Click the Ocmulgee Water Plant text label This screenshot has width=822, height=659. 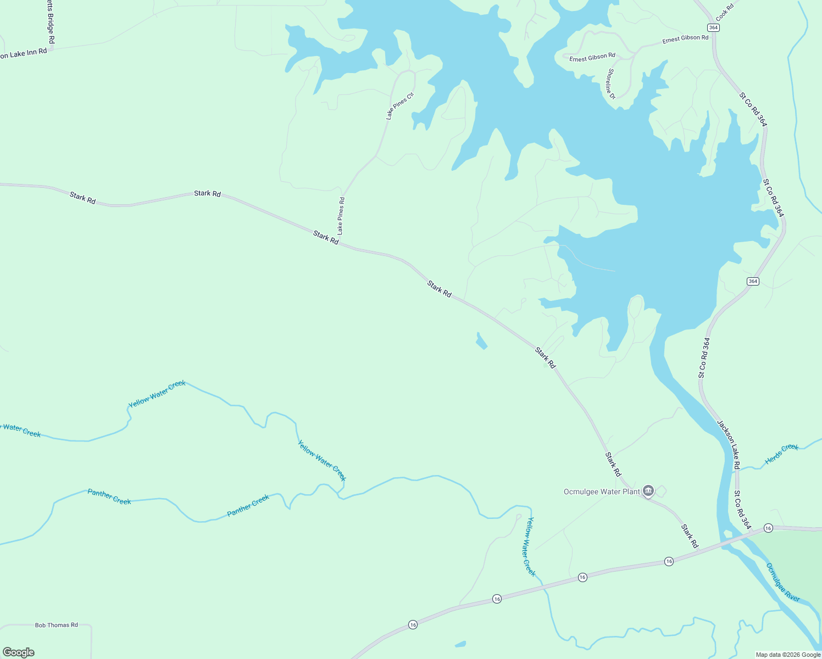(x=602, y=492)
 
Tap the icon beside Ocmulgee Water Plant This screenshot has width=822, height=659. (x=648, y=491)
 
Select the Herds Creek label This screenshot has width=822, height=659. (x=781, y=454)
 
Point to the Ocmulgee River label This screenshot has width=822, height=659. (x=783, y=582)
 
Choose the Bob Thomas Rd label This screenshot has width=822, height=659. (x=57, y=625)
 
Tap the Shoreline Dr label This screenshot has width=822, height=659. (x=612, y=84)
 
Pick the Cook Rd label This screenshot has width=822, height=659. (x=725, y=13)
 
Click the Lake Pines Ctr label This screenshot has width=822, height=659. (x=399, y=106)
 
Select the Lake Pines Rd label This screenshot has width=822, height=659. (x=341, y=216)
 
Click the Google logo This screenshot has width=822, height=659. (x=19, y=652)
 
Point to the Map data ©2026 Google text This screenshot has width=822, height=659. (x=788, y=655)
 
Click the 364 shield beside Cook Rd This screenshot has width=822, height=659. (x=713, y=27)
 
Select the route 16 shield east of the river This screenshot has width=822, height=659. (x=768, y=528)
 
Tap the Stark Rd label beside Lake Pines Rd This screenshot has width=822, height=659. (x=326, y=237)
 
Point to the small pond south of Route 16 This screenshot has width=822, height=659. (x=460, y=644)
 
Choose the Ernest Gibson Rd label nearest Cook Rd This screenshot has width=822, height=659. (x=685, y=39)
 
